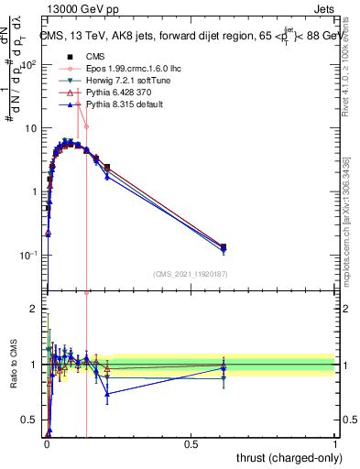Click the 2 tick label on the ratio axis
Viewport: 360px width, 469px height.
[x=33, y=310]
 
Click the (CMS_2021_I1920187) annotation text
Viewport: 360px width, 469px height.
[x=191, y=274]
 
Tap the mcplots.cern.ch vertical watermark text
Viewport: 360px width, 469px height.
[x=345, y=229]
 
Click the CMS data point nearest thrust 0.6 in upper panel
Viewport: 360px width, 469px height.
[x=224, y=246]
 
